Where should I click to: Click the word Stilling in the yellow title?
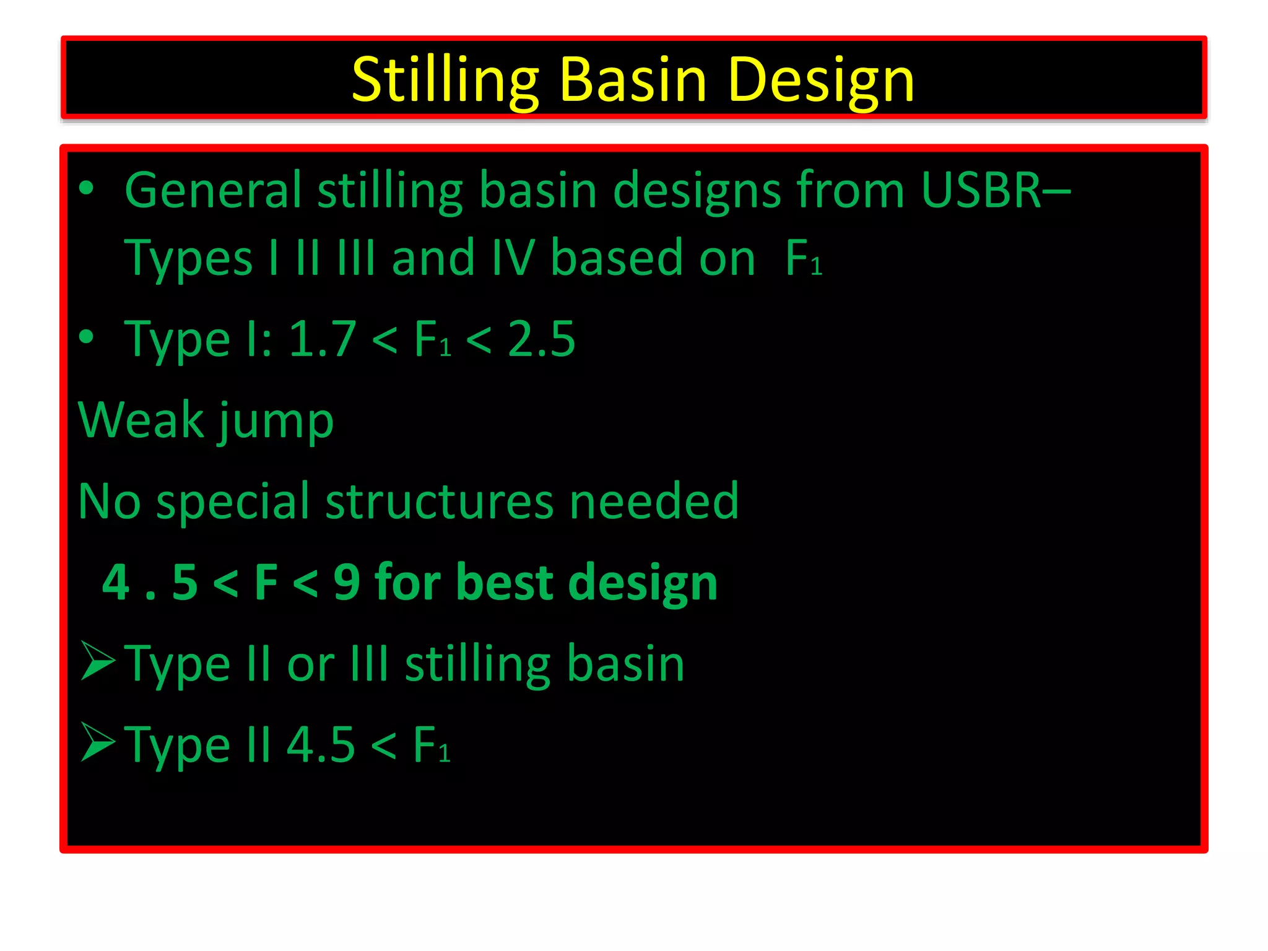[445, 80]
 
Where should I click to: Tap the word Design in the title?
[821, 80]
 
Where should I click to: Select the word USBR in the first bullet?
[981, 190]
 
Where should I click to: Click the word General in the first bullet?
[213, 190]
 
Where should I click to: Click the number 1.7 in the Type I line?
[322, 339]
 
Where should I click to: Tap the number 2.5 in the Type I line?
[541, 339]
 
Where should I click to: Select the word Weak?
[141, 420]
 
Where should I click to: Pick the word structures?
[439, 502]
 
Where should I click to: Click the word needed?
[654, 502]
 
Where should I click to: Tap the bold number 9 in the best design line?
[346, 582]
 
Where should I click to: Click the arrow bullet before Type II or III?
[97, 661]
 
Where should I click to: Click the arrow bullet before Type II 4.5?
[97, 742]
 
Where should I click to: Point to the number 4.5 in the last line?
[321, 744]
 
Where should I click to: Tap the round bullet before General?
[87, 188]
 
